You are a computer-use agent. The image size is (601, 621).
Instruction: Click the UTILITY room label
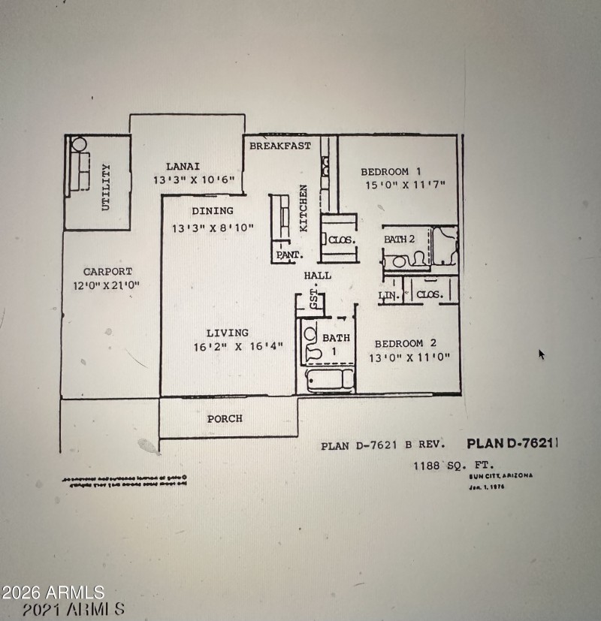[x=106, y=187]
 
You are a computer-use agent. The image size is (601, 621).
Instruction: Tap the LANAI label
[x=183, y=167]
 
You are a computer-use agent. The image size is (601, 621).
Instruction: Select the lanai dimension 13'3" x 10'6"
[x=195, y=180]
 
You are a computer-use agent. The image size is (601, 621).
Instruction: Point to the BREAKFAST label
[x=279, y=146]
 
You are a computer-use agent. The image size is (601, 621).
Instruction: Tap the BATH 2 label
[x=400, y=239]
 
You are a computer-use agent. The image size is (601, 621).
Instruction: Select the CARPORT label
[x=107, y=272]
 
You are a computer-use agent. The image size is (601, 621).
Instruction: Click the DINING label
[x=212, y=211]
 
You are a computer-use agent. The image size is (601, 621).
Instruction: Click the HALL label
[x=318, y=276]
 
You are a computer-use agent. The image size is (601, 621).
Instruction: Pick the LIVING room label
[x=228, y=333]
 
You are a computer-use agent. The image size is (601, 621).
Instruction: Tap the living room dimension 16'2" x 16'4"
[x=225, y=347]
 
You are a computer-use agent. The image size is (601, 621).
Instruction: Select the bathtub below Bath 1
[x=328, y=379]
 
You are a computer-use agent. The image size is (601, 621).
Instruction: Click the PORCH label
[x=225, y=418]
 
